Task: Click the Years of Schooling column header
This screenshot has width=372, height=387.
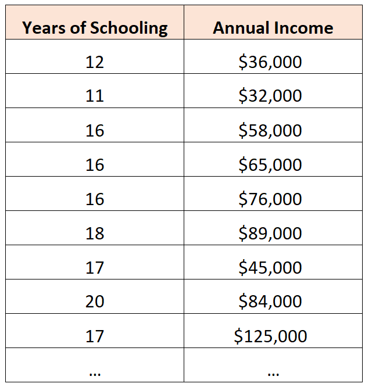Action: tap(95, 27)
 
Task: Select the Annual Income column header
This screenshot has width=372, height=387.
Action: tap(273, 27)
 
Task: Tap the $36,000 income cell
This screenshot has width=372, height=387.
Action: tap(270, 62)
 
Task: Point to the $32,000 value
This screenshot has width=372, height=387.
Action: tap(270, 96)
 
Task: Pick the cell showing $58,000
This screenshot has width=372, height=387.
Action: tap(270, 130)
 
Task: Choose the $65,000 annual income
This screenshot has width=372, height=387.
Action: tap(270, 164)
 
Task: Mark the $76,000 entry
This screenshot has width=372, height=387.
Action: tap(270, 199)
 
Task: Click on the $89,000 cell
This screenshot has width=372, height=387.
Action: tap(270, 233)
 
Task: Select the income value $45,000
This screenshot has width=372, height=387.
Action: tap(270, 267)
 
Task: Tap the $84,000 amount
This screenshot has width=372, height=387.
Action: tap(270, 302)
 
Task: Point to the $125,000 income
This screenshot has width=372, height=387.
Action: tap(270, 336)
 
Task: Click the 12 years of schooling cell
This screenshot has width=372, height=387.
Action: tap(95, 62)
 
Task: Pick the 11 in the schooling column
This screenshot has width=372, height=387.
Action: tap(95, 96)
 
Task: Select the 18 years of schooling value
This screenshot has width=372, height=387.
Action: tap(95, 233)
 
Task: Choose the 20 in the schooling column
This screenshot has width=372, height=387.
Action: tap(95, 302)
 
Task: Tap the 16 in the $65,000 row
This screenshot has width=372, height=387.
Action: tap(95, 164)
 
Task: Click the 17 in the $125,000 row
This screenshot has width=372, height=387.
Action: tap(95, 336)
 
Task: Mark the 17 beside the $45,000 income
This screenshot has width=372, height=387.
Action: tap(95, 267)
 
